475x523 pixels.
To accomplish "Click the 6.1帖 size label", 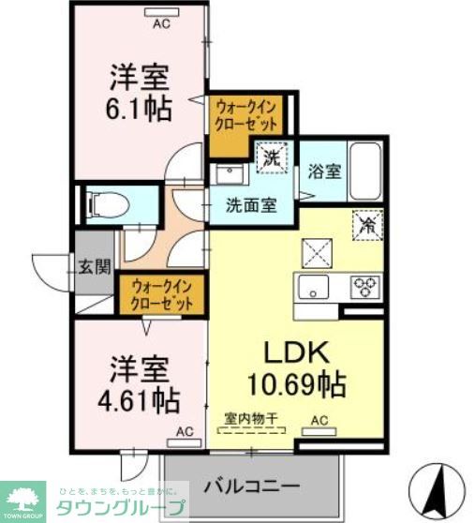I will [x=138, y=109].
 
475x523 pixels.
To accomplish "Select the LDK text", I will [x=295, y=351].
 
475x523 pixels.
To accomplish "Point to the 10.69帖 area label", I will [x=296, y=383].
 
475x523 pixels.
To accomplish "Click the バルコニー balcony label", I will [x=252, y=486].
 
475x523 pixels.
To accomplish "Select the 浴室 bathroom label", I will [x=324, y=172].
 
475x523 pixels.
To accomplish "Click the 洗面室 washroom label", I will [x=250, y=204].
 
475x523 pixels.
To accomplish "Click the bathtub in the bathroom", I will [x=364, y=170].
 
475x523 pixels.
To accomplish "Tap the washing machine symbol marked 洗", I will [x=271, y=157].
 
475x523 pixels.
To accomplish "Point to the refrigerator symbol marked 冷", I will [x=367, y=226].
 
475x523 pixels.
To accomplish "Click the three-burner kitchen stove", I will [x=366, y=287].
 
